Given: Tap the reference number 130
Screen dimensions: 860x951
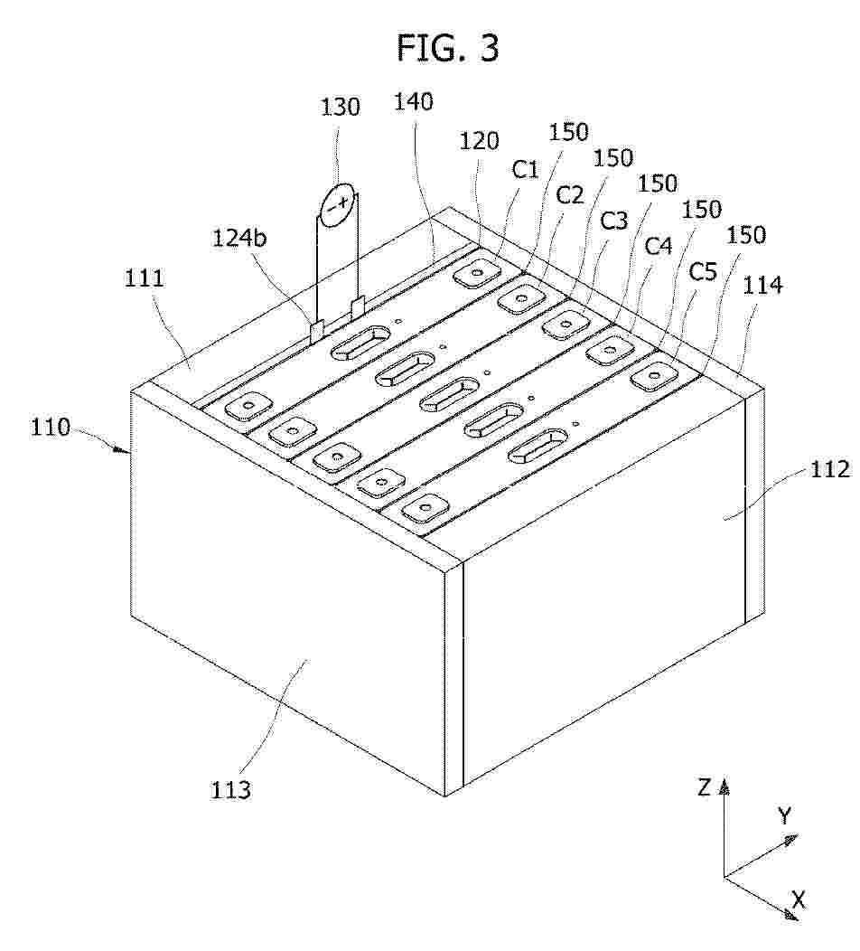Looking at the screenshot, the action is point(340,107).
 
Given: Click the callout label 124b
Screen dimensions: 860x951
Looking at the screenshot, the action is point(238,239).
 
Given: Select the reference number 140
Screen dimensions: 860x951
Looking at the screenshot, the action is point(414,101).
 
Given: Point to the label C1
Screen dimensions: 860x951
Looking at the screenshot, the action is point(525,170).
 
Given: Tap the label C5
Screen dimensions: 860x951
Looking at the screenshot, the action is point(703,272).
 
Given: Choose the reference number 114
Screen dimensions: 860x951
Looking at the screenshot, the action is point(762,285).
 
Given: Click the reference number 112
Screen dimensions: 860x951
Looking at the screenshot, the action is point(830,469).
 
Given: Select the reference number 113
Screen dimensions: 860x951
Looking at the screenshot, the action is point(230,790).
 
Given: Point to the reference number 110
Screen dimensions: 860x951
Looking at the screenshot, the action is point(51,428).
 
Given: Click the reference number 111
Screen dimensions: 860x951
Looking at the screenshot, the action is point(145,278).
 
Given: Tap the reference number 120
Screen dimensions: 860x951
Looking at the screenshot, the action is point(480,141).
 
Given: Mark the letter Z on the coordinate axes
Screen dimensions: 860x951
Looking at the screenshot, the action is point(704,788).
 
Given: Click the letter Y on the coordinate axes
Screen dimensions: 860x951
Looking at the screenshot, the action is point(785,816).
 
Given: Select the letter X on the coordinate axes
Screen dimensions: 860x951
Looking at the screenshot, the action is point(799,900).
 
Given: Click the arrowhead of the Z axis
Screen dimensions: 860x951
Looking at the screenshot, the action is point(724,787).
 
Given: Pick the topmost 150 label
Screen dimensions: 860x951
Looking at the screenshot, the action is point(568,132).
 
